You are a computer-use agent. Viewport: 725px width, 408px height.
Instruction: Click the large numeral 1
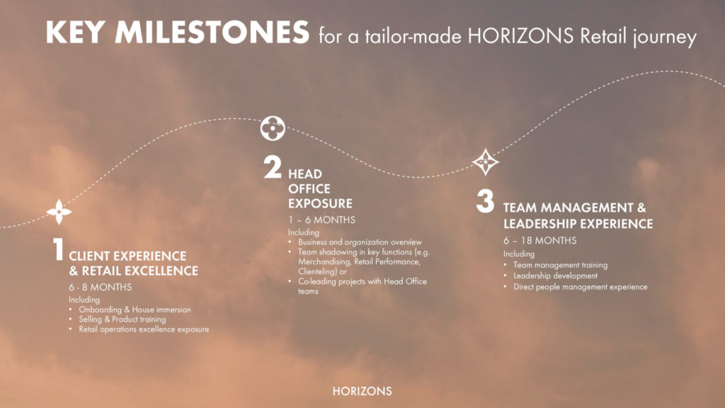click(x=58, y=251)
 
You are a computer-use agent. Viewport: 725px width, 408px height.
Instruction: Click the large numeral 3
click(x=485, y=201)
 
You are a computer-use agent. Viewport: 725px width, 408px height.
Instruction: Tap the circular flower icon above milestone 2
click(x=273, y=128)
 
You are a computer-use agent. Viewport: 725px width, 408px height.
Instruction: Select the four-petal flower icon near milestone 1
click(x=59, y=211)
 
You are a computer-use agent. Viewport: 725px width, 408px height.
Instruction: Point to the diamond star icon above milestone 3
click(x=486, y=161)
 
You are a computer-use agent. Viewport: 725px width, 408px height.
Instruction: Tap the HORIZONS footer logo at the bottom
click(x=362, y=391)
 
